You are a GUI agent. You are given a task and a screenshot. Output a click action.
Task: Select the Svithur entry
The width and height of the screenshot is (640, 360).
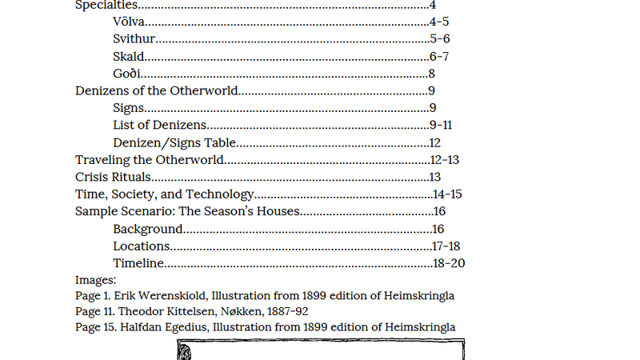134,38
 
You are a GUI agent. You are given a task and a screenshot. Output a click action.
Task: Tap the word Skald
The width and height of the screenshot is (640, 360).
128,56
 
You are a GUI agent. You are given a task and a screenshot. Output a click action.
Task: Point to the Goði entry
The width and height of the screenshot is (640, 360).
126,74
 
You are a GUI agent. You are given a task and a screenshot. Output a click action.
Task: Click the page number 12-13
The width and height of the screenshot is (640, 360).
444,160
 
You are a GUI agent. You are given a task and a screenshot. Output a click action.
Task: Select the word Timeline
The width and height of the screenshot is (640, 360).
138,263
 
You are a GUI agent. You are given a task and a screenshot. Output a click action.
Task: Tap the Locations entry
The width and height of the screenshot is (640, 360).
141,246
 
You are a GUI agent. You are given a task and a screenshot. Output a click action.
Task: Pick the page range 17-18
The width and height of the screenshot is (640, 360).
446,246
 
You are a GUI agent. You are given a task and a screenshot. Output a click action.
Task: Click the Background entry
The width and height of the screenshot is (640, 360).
148,229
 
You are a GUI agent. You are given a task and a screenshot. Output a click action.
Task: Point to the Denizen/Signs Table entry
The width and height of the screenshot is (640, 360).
174,143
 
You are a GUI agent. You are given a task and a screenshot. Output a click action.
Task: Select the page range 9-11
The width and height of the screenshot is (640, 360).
441,125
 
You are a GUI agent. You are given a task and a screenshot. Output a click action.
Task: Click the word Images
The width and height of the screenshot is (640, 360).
95,280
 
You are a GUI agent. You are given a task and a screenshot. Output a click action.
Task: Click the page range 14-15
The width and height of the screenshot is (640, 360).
447,194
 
